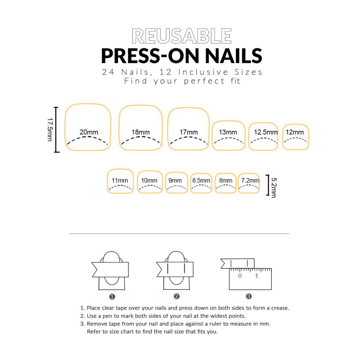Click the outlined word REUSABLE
pos(181,36)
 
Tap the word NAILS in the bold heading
pos(233,56)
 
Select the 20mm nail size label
pos(89,132)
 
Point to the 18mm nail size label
pos(140,132)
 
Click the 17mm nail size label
pos(188,132)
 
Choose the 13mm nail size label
pos(228,132)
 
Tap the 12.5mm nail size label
pos(266,132)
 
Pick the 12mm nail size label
pos(295,132)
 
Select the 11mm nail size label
pos(120,180)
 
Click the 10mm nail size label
pos(149,180)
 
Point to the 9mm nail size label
pos(175,180)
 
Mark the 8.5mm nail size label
pos(201,180)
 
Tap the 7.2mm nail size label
pos(250,180)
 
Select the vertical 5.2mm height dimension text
pos(274,188)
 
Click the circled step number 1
pos(112,297)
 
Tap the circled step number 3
pos(249,296)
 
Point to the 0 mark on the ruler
pos(240,276)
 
